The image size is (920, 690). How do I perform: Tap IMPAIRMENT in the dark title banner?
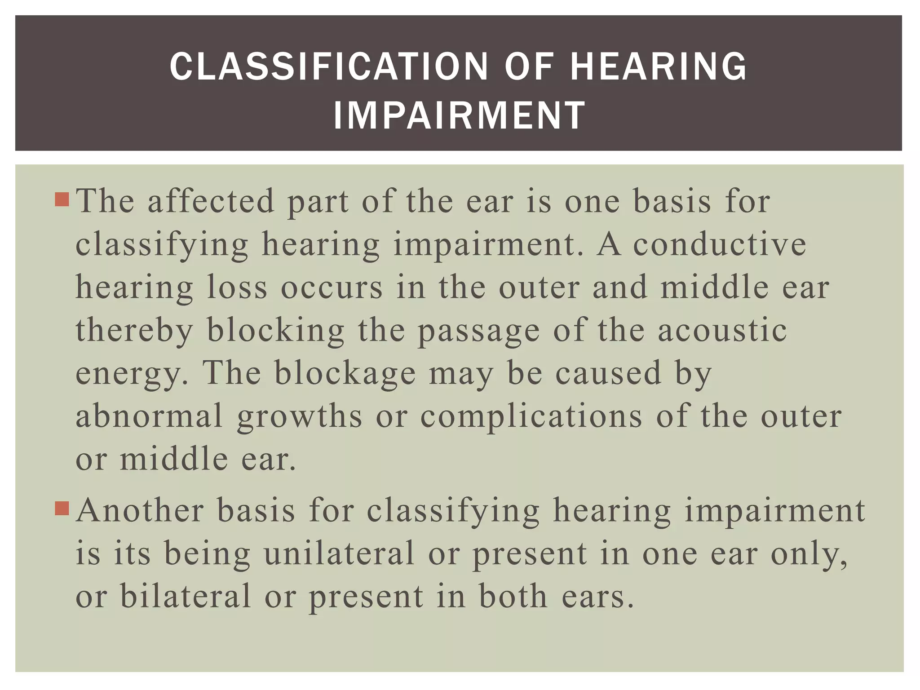pyautogui.click(x=459, y=116)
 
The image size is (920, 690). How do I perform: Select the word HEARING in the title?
pyautogui.click(x=658, y=66)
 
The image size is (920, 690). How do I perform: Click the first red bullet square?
pyautogui.click(x=62, y=199)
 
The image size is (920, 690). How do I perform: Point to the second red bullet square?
pyautogui.click(x=62, y=509)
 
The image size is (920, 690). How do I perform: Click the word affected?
pyautogui.click(x=211, y=201)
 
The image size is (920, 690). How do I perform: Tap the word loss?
pyautogui.click(x=237, y=287)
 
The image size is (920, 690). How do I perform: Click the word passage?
pyautogui.click(x=478, y=331)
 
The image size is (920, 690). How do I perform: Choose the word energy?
pyautogui.click(x=130, y=374)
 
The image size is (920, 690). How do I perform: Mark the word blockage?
pyautogui.click(x=345, y=373)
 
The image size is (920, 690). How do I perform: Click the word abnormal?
pyautogui.click(x=149, y=416)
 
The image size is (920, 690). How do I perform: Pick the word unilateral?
pyautogui.click(x=339, y=553)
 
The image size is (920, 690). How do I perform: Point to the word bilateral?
pyautogui.click(x=186, y=596)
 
